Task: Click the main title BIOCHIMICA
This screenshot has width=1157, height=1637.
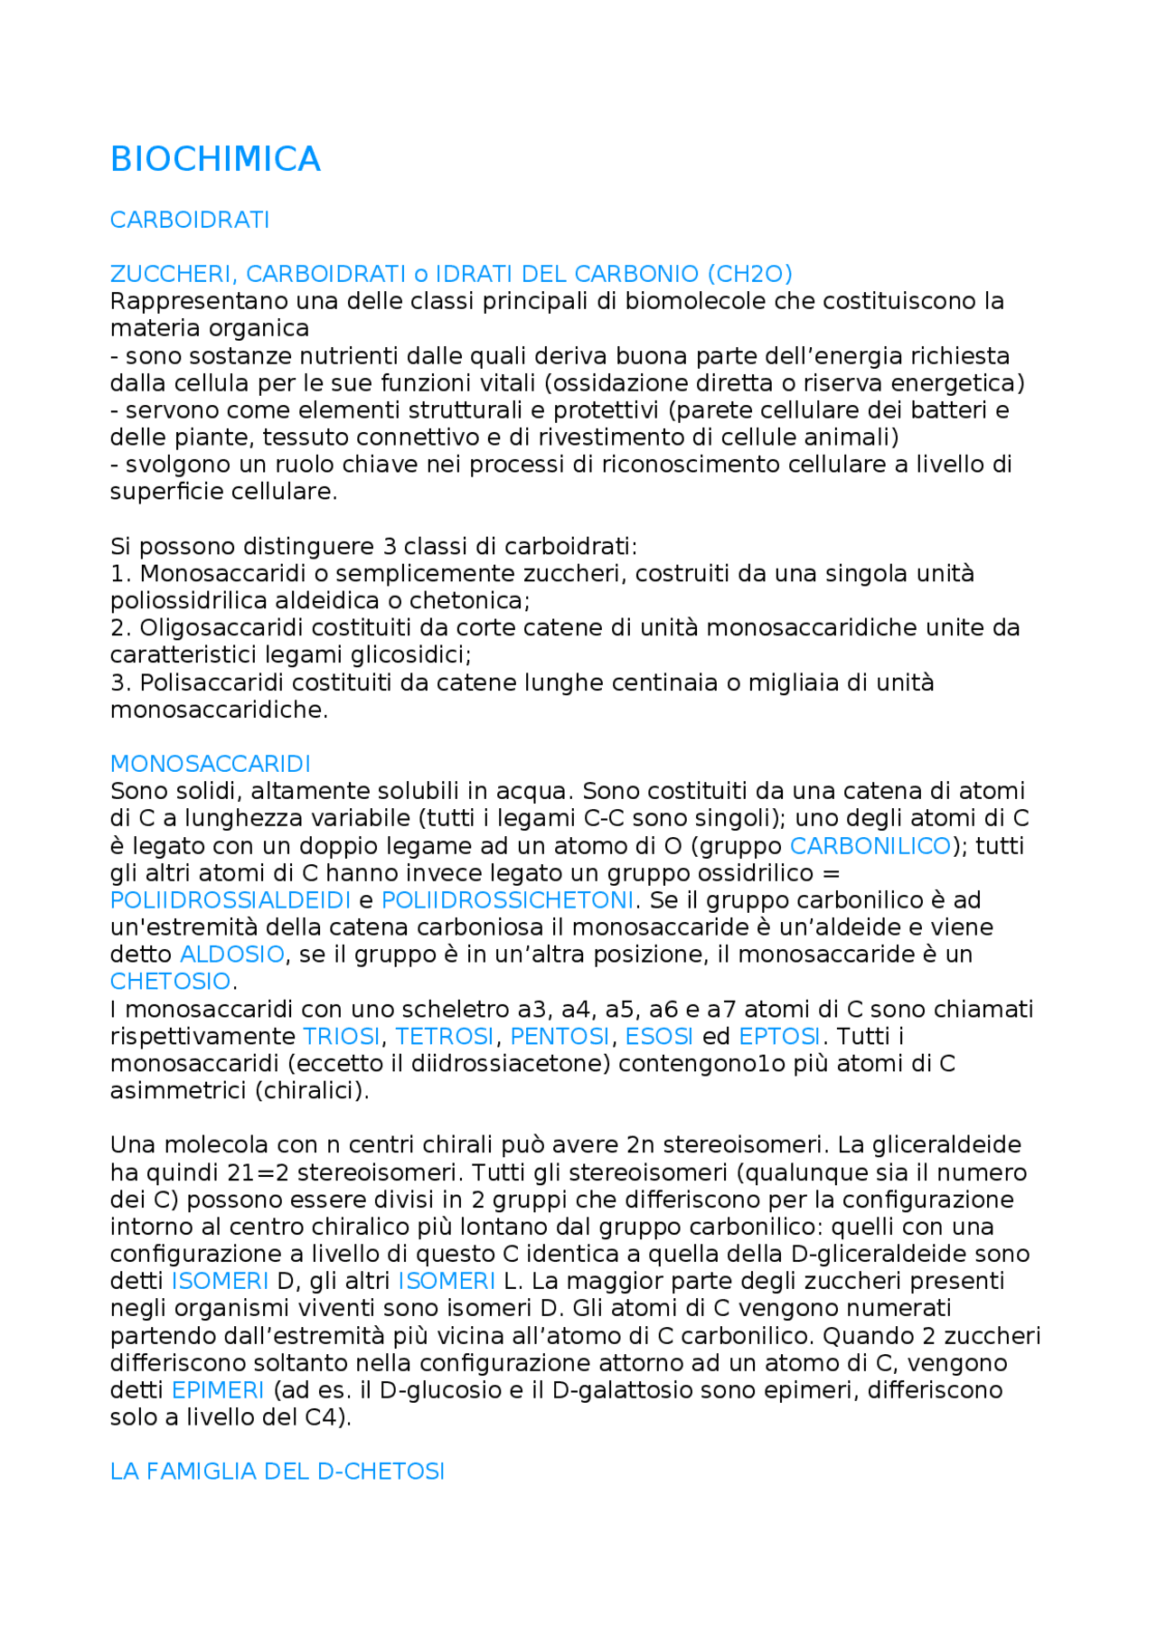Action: coord(215,159)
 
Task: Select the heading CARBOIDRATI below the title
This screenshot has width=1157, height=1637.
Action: coord(190,221)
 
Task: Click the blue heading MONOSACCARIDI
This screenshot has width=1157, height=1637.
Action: coord(210,764)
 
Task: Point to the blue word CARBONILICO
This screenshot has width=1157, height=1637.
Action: coord(870,846)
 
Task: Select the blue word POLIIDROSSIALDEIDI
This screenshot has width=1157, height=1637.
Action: coord(230,900)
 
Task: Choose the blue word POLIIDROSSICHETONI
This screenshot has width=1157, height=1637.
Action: coord(507,900)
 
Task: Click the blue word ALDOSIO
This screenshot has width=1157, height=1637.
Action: coord(232,955)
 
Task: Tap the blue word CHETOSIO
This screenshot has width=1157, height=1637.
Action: coord(170,982)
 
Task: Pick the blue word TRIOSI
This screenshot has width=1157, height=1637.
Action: coord(341,1037)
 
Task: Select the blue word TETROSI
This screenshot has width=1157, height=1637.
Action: coord(445,1037)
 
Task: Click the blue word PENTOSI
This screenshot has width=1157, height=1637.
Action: coord(560,1037)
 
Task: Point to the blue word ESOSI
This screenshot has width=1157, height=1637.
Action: coord(659,1037)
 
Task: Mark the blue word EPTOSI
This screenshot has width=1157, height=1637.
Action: coord(779,1037)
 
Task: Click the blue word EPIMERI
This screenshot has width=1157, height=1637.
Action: coord(218,1390)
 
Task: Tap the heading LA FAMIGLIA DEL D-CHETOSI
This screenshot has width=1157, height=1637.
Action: coord(277,1472)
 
